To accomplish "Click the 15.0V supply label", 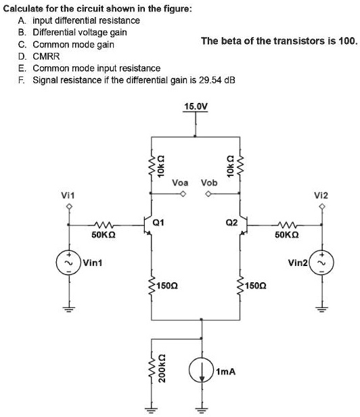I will tap(196, 106).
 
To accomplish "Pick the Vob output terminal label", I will tap(210, 183).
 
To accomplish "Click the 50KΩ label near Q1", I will tap(104, 236).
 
